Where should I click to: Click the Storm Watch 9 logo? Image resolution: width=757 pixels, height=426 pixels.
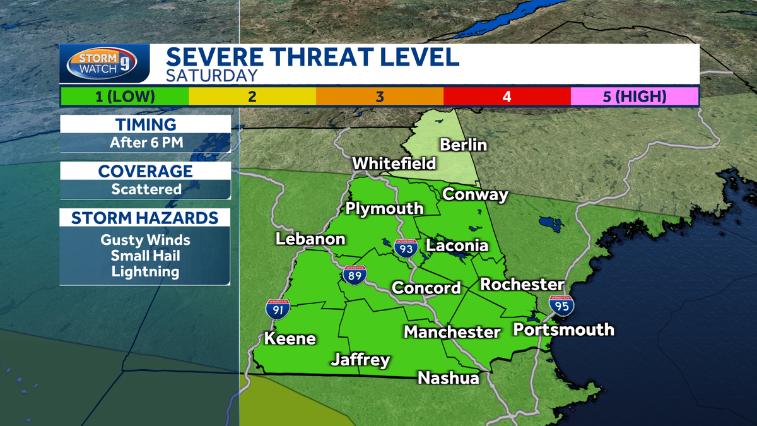click(x=105, y=64)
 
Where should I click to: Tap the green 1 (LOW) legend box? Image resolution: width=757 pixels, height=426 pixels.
click(x=124, y=96)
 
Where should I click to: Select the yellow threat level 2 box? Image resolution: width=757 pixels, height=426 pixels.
click(x=252, y=96)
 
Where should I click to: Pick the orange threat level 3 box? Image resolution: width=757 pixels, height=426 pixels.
click(x=380, y=96)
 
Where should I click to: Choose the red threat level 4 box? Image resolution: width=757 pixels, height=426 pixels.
click(x=507, y=96)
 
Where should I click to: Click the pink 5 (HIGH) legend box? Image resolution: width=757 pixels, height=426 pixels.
click(x=635, y=96)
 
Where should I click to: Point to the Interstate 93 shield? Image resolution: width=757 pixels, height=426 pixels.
click(x=404, y=248)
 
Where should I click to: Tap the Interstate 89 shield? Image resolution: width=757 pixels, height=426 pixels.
click(x=355, y=275)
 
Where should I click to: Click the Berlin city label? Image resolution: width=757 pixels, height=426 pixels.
click(x=464, y=145)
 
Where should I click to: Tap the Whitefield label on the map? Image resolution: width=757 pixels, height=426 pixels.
click(x=394, y=163)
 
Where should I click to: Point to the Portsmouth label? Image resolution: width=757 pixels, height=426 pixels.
click(x=563, y=329)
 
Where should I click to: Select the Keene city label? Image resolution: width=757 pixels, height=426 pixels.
click(x=290, y=338)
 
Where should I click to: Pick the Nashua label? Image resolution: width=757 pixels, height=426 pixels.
click(x=449, y=378)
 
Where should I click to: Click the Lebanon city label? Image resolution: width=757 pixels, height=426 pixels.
click(x=310, y=239)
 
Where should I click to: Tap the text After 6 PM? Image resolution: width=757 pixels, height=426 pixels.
click(x=146, y=143)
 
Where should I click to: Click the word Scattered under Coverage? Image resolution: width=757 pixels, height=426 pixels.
click(x=146, y=189)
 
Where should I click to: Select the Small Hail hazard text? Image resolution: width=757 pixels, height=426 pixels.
click(x=145, y=256)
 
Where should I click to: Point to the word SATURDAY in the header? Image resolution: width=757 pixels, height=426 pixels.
click(x=212, y=76)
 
